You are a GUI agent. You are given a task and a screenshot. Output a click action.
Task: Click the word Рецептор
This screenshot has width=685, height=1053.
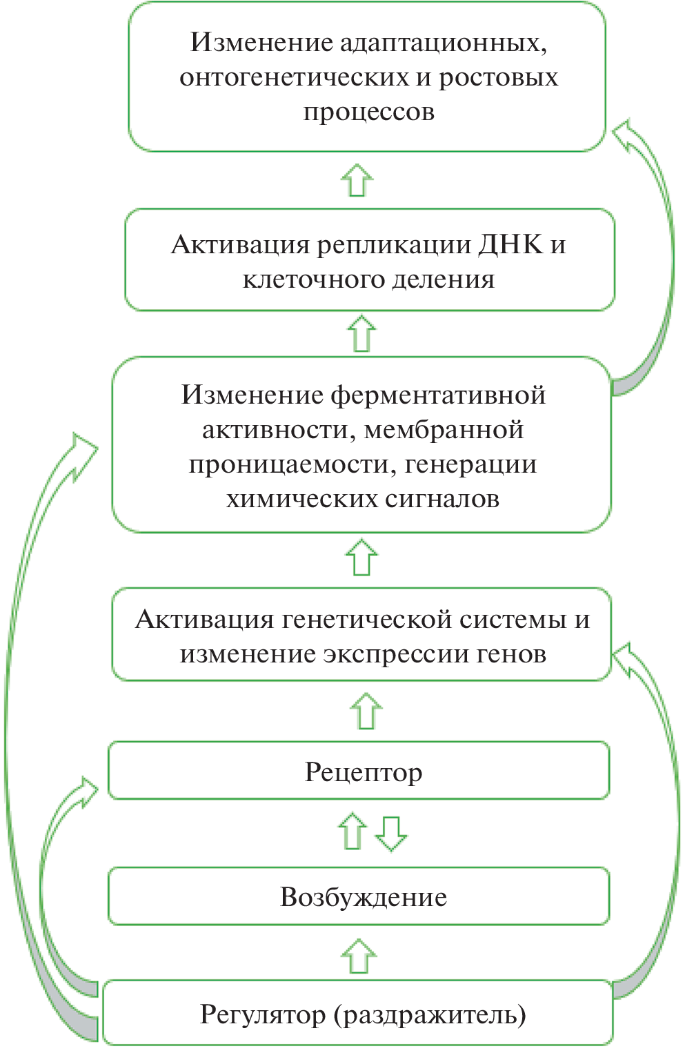(x=363, y=772)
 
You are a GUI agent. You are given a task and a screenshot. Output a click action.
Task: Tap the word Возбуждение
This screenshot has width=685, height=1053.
(x=363, y=897)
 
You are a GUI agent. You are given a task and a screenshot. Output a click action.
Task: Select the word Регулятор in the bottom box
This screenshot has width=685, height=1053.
(x=263, y=1015)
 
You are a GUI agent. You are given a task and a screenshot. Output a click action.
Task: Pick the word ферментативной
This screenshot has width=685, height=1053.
(x=438, y=395)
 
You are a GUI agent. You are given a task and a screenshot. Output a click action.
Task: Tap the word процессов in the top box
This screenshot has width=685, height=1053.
(x=369, y=112)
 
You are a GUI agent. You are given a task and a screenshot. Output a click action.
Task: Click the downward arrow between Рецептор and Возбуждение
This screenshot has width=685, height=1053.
(x=391, y=834)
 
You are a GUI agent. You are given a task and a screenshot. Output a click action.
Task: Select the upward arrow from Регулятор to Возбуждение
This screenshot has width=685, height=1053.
(x=359, y=956)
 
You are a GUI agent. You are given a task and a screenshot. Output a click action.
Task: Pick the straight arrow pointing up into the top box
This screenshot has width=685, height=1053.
(x=357, y=180)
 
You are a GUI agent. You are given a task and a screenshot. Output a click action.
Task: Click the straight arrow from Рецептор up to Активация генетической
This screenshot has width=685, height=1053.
(x=366, y=711)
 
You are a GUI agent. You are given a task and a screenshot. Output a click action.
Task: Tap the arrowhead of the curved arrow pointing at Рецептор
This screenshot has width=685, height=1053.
(x=88, y=791)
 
